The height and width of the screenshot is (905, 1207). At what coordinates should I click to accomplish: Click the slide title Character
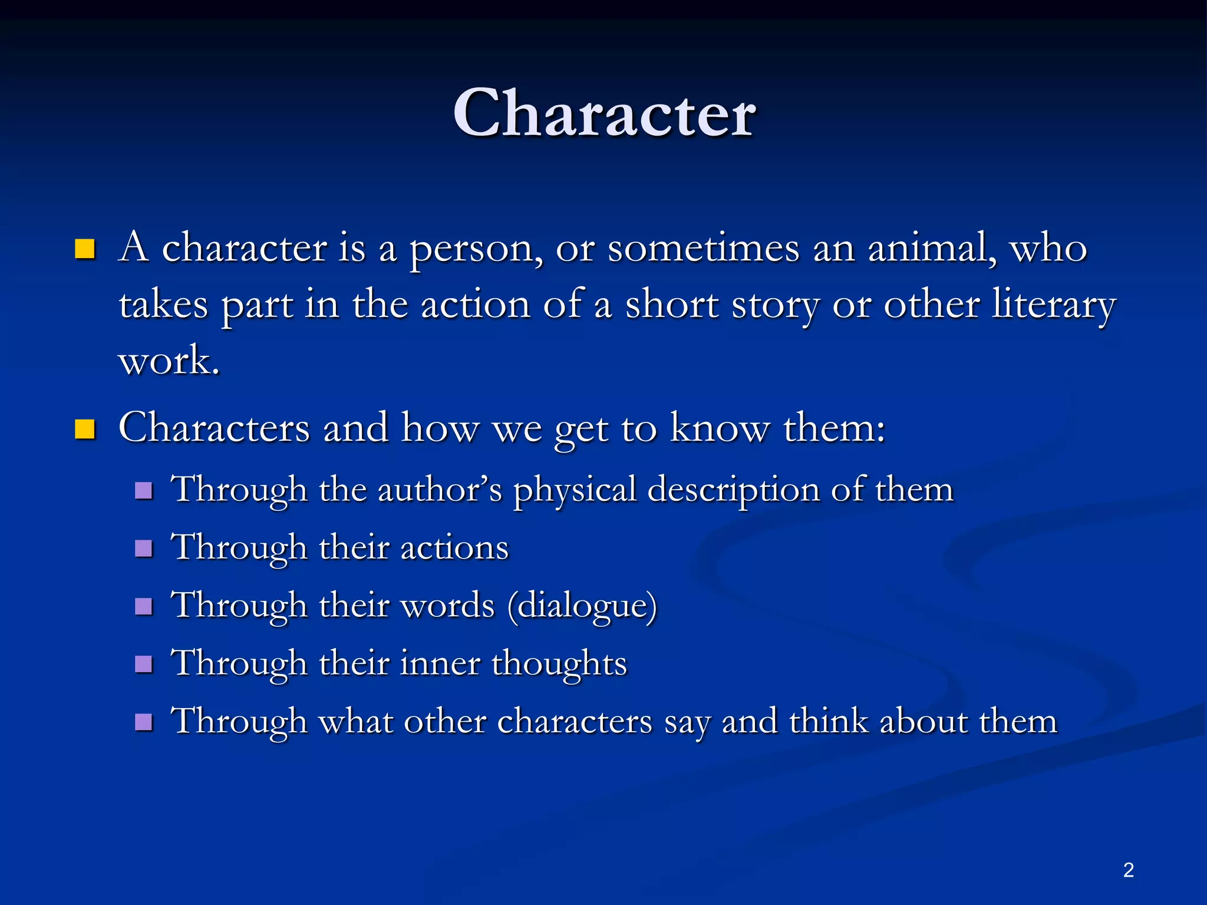[x=604, y=113]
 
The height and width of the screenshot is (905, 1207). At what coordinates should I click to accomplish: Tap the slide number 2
[x=1128, y=870]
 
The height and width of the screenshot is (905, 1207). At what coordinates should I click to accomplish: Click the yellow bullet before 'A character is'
[x=85, y=249]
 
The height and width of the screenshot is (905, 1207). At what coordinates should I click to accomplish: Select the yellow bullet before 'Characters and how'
[x=85, y=430]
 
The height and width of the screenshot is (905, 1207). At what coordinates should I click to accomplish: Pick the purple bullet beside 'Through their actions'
[x=144, y=549]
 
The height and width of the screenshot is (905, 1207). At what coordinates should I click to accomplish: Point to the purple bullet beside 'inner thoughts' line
[x=144, y=665]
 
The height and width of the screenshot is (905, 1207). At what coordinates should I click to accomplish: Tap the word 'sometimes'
[x=704, y=247]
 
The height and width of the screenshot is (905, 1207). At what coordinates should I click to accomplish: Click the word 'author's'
[x=440, y=489]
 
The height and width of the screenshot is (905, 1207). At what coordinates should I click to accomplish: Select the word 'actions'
[x=454, y=547]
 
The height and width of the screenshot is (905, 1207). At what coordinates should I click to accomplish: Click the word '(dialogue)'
[x=582, y=606]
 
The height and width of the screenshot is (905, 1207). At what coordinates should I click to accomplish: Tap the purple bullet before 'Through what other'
[x=144, y=722]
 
